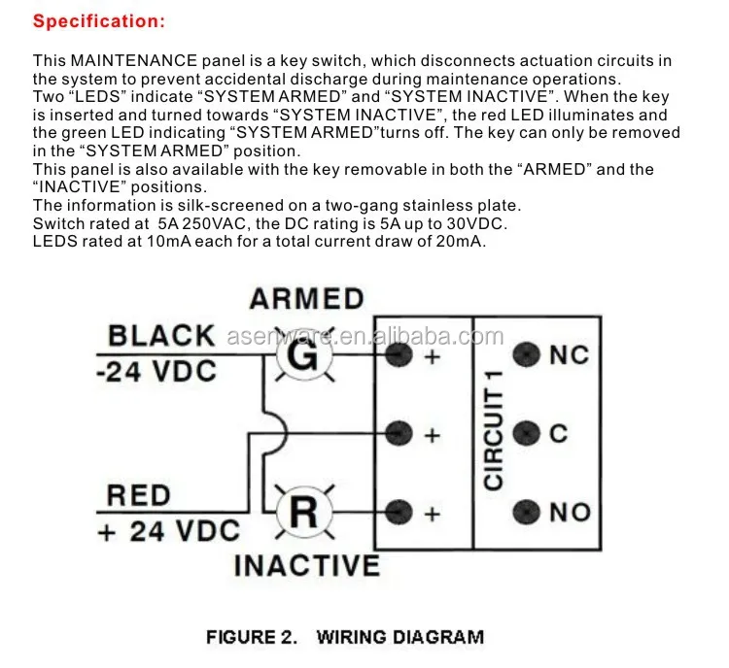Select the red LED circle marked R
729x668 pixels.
(304, 512)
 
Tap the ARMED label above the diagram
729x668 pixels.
(306, 299)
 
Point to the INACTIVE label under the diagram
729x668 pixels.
(306, 565)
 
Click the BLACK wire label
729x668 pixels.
(161, 336)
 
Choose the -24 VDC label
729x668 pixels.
(156, 372)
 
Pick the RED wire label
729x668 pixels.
(139, 495)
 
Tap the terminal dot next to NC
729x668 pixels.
(526, 355)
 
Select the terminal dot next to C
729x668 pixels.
(526, 433)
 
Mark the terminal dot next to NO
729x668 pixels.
(526, 511)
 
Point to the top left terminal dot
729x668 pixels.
(398, 355)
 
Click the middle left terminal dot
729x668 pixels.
(398, 433)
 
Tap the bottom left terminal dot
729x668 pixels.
(398, 511)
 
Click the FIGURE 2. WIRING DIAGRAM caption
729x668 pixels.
(344, 638)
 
